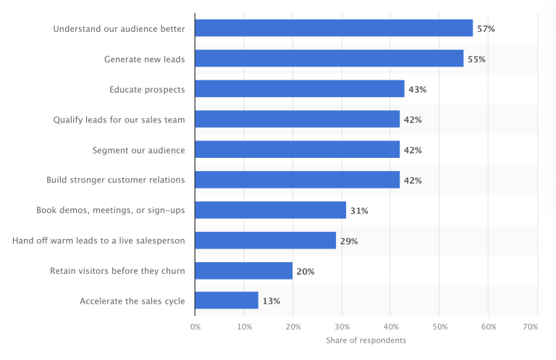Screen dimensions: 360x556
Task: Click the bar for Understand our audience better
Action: pos(334,28)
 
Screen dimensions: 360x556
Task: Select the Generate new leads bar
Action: pos(329,59)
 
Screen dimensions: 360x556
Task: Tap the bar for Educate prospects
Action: pos(300,89)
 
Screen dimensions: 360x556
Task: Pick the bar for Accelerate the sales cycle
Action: pos(227,301)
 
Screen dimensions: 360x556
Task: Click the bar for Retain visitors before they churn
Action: pos(244,271)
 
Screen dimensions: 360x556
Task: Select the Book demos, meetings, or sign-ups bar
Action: pos(271,210)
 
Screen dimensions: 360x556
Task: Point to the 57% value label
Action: pos(485,29)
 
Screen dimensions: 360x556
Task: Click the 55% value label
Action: pos(476,59)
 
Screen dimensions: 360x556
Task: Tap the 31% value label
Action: pos(359,211)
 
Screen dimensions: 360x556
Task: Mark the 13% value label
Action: pos(271,301)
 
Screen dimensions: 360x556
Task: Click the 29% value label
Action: pos(349,241)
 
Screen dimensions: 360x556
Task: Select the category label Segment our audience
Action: pos(138,150)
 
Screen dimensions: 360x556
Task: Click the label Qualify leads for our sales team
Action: pos(119,120)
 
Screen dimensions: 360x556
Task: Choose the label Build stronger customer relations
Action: pos(116,180)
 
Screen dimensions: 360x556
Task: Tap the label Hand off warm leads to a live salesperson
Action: pos(98,240)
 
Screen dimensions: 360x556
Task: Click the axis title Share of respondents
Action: pos(366,340)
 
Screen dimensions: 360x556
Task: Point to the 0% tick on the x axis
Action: pos(195,327)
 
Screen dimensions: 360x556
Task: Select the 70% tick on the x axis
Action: pos(531,327)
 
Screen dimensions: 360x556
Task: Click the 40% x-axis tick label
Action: pos(390,327)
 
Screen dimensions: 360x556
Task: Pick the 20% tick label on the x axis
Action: pos(292,327)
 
